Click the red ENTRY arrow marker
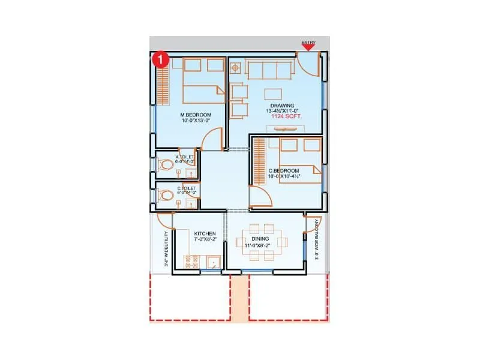[308, 47]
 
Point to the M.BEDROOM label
[194, 115]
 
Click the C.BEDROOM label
[284, 171]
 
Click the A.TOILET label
[184, 157]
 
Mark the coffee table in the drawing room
[274, 94]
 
